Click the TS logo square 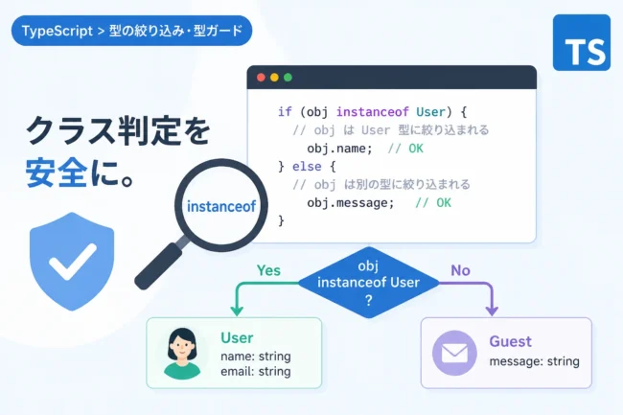pos(581,42)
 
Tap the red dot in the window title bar pos(261,78)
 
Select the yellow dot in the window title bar pos(274,78)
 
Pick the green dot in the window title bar pos(288,78)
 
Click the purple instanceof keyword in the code pos(372,112)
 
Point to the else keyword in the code pos(307,166)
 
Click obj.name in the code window pos(339,149)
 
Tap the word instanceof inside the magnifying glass pos(221,206)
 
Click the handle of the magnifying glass pos(159,265)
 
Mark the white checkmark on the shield pos(73,262)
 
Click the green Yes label pos(268,270)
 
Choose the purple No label pos(460,270)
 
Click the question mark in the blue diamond pos(369,300)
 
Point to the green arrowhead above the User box pos(237,310)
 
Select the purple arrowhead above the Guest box pos(492,310)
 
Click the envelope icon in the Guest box pos(454,353)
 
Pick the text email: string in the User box pos(256,372)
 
